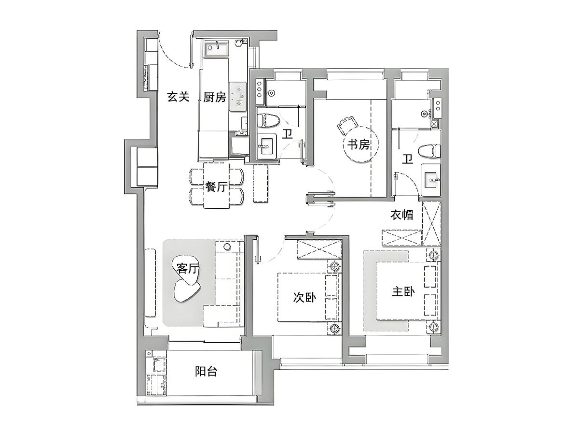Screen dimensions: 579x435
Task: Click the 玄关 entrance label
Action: click(179, 97)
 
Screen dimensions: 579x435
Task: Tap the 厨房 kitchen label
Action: click(214, 97)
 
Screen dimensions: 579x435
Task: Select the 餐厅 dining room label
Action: click(216, 187)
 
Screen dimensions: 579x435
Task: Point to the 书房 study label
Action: click(358, 145)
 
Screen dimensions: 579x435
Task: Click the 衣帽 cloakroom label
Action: click(402, 215)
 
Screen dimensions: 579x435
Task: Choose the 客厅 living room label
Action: click(188, 269)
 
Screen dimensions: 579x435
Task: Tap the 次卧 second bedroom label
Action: click(304, 297)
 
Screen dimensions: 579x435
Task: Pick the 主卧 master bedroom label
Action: click(403, 292)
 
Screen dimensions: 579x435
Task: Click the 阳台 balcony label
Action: click(206, 371)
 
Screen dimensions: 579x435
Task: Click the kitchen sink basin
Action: click(216, 48)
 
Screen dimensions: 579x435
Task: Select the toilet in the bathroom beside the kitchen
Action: click(268, 120)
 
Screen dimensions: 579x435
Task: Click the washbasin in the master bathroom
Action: click(431, 180)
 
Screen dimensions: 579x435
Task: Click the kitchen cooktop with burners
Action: click(238, 96)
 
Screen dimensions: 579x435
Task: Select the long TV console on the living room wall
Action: click(151, 283)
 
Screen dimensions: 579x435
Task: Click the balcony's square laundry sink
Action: click(159, 363)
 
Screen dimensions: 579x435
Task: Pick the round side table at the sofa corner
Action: click(227, 246)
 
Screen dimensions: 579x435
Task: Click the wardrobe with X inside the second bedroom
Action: click(319, 249)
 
